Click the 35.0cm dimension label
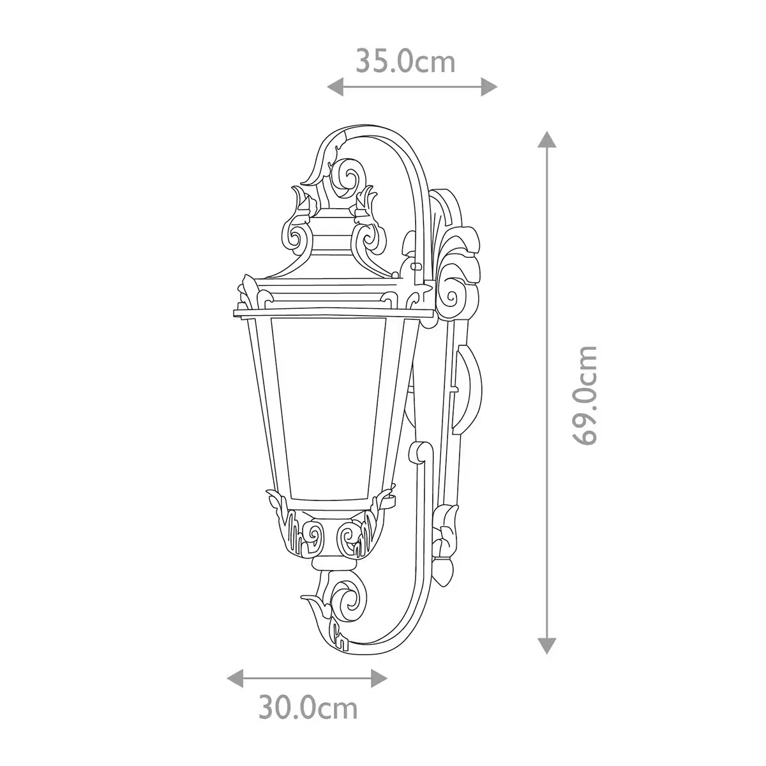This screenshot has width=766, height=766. coord(405,62)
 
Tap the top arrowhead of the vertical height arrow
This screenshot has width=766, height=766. coord(546,139)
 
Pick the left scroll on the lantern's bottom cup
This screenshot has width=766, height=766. coord(313,532)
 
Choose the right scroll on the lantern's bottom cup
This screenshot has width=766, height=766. coord(350,532)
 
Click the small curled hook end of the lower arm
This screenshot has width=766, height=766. coord(418,454)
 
